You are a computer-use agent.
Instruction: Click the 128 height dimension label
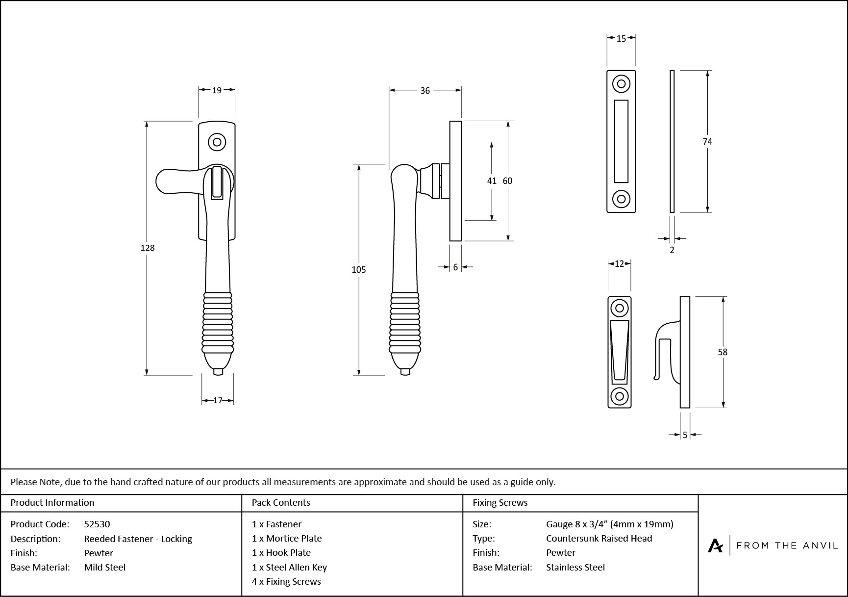click(148, 248)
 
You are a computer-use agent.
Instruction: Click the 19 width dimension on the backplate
click(217, 90)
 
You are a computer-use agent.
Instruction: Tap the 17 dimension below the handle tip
click(218, 400)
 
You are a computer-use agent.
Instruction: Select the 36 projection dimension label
click(425, 90)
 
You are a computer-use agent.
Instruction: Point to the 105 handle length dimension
click(359, 269)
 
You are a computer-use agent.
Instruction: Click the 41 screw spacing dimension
click(492, 181)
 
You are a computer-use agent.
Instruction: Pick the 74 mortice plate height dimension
click(707, 142)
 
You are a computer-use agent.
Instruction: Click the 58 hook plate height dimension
click(723, 352)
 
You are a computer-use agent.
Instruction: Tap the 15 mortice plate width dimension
click(621, 39)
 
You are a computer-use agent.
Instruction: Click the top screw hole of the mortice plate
click(621, 84)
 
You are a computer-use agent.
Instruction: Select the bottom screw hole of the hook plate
click(620, 396)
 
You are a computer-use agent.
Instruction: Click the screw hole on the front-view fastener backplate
click(217, 143)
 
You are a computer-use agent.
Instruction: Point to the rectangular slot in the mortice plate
click(621, 141)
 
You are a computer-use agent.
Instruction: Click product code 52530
click(97, 524)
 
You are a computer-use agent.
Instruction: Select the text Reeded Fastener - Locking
click(138, 539)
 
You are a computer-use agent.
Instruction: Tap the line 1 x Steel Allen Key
click(289, 567)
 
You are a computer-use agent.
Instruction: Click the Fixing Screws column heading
click(500, 502)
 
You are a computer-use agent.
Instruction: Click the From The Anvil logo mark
click(715, 545)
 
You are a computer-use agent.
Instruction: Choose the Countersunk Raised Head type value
click(599, 538)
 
